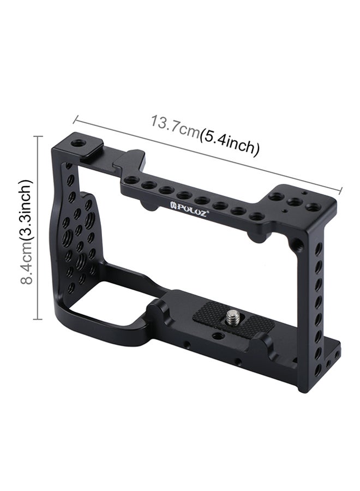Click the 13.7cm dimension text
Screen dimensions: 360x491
[x=176, y=125]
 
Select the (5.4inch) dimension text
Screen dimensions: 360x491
[x=230, y=142]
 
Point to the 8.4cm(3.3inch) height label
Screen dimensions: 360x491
[x=26, y=231]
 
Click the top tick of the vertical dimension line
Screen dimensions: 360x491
[x=38, y=136]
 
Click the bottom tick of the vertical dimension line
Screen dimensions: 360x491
[x=38, y=319]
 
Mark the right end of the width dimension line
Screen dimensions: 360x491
[x=341, y=189]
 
